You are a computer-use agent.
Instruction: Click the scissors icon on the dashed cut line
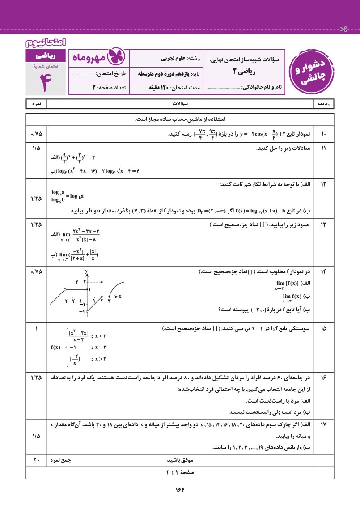pos(343,30)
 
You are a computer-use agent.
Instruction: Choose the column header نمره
pos(36,104)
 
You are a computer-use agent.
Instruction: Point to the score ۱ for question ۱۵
pos(36,329)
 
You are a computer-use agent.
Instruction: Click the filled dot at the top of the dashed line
pos(102,282)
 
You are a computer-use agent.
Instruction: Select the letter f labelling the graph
pos(77,282)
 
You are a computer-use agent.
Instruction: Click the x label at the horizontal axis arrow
pos(120,297)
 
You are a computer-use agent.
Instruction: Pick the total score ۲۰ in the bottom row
pos(36,460)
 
